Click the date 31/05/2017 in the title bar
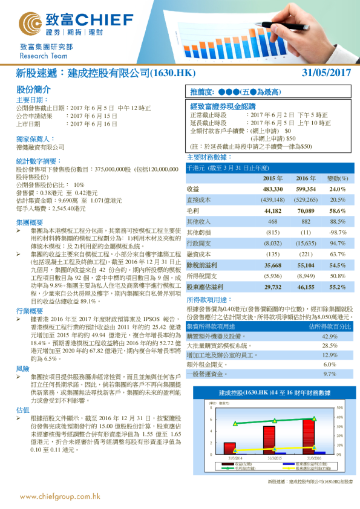pyautogui.click(x=326, y=73)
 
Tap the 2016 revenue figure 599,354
pyautogui.click(x=305, y=172)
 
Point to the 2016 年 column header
pyautogui.click(x=306, y=162)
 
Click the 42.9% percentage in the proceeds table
pyautogui.click(x=330, y=336)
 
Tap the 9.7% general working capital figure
pyautogui.click(x=330, y=374)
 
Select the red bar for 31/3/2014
pyautogui.click(x=230, y=447)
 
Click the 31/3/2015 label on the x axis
pyautogui.click(x=275, y=458)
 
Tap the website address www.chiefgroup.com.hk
pyautogui.click(x=60, y=496)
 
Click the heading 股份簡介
pyautogui.click(x=29, y=89)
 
